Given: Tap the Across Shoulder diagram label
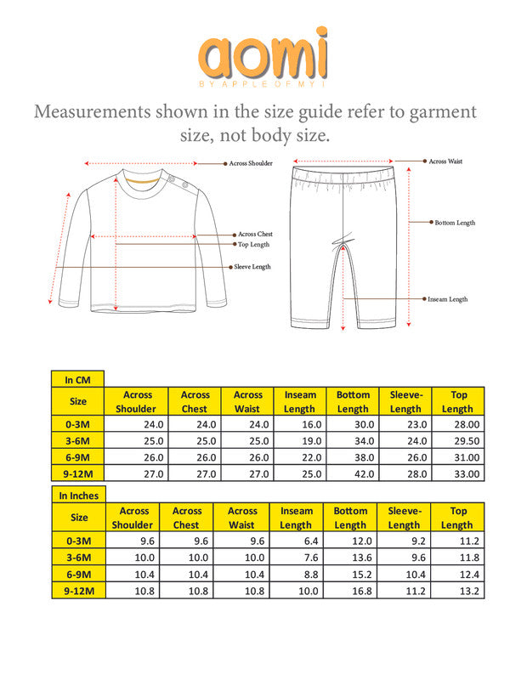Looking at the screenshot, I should point(250,163).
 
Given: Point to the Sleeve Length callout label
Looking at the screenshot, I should point(253,267).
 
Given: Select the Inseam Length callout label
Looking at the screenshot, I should point(447,299).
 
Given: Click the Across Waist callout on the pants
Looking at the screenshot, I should point(445,161).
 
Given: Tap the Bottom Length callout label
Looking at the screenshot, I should point(455,223).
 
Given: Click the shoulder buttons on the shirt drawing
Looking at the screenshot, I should point(175,181).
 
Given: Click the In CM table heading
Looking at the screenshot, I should point(77,379).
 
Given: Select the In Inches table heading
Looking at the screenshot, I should point(79,495).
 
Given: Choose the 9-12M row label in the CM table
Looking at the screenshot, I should point(77,473).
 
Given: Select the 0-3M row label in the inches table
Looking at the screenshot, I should point(79,541).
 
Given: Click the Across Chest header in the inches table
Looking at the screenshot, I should point(187,518).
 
